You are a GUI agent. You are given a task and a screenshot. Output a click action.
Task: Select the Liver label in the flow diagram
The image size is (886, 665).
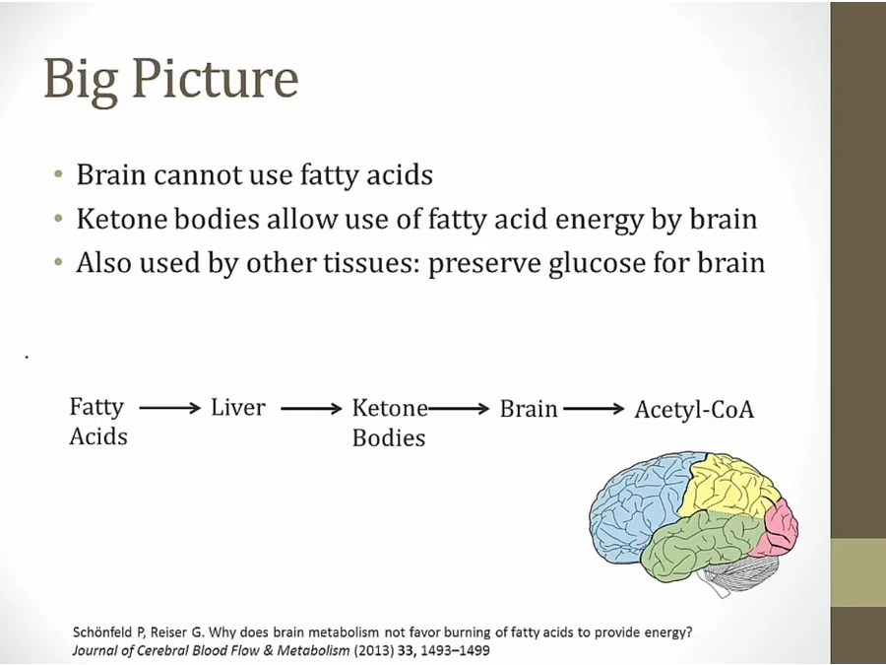[x=238, y=407]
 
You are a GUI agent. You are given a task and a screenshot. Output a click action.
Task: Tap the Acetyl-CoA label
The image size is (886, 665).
[x=694, y=410]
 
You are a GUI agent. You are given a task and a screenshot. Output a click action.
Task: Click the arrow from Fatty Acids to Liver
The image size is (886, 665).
[x=169, y=407]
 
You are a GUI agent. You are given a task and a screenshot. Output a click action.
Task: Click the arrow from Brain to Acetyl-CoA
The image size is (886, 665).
[x=594, y=407]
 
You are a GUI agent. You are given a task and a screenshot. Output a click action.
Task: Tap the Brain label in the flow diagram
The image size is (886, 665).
[x=529, y=408]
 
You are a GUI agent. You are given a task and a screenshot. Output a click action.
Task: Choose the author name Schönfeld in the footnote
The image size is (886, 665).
[x=106, y=632]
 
